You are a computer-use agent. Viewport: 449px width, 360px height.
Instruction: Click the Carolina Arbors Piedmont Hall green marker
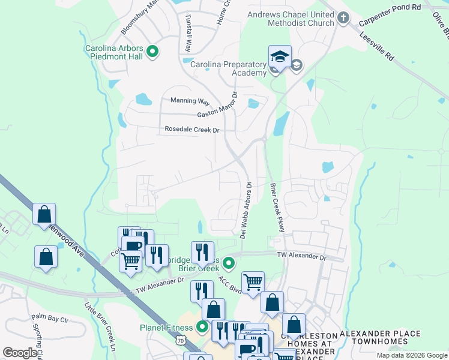point(152,52)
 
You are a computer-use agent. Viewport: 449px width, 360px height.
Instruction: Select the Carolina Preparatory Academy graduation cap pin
point(280,58)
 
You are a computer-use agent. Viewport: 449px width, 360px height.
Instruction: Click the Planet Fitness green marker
point(202,328)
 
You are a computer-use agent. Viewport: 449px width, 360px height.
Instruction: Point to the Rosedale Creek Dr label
point(193,130)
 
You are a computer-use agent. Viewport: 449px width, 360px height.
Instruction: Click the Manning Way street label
point(190,101)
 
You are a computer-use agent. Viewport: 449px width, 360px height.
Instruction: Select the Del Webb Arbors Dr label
point(245,211)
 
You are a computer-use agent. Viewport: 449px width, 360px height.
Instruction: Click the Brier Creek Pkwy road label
point(276,208)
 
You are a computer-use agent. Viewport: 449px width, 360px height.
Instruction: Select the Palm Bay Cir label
point(50,316)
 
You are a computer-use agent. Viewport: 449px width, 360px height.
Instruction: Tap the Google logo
point(20,353)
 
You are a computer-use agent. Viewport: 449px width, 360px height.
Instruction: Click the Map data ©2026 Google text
point(411,355)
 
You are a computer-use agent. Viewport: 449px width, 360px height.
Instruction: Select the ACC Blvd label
point(230,284)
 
